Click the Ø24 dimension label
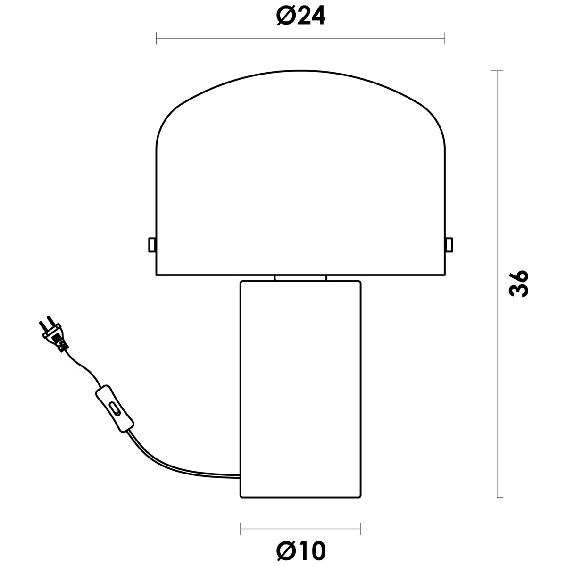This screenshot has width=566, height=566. (301, 15)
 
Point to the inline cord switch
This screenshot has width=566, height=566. (115, 409)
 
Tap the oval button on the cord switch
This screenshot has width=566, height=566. (115, 408)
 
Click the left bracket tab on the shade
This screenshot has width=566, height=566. (152, 245)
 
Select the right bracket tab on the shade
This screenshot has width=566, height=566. (449, 245)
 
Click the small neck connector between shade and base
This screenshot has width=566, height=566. (300, 278)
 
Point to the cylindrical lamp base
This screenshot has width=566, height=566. (300, 390)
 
